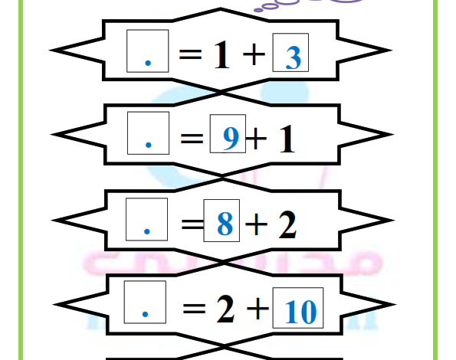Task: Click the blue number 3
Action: pos(294,58)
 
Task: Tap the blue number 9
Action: pos(231,139)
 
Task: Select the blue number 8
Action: pos(225,224)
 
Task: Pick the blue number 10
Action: pos(300,312)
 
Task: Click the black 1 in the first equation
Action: pos(222,54)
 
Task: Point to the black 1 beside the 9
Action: pos(287,139)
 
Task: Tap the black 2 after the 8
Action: pos(287,224)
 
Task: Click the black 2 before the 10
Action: pos(225,309)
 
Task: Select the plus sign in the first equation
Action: pos(254,54)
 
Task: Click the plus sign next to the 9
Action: pos(256,139)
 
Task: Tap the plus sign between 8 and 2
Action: pos(256,224)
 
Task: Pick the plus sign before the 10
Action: pos(258,309)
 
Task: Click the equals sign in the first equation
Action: pos(191,54)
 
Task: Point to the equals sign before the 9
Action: pos(192,139)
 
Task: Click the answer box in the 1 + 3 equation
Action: pos(148,51)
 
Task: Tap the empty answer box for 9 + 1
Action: pos(149,133)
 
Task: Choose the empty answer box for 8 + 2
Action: pos(147,219)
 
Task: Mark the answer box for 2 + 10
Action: pos(145,302)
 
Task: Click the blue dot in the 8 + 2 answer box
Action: pos(147,231)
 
